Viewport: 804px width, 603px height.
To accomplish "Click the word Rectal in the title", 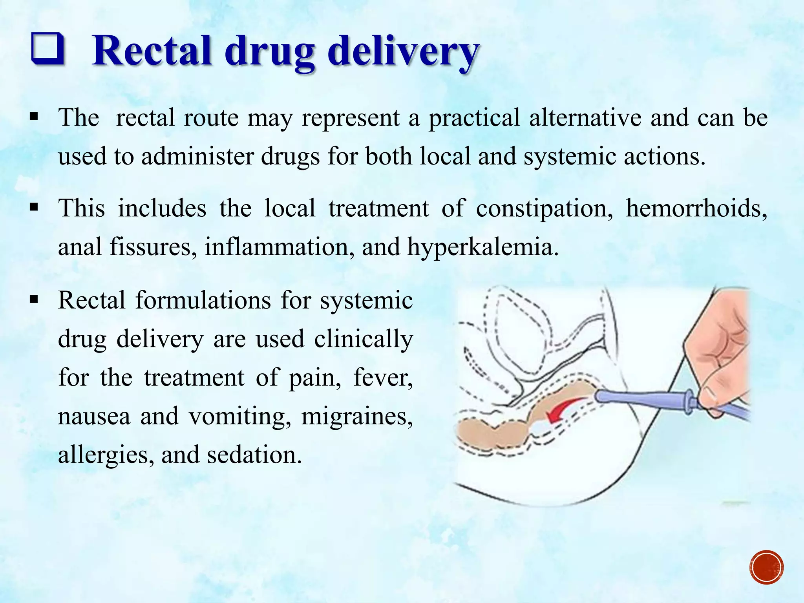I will point(152,51).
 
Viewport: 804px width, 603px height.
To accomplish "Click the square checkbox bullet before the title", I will point(48,49).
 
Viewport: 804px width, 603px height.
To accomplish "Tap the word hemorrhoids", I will point(696,208).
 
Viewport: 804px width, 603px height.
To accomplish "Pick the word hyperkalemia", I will point(482,247).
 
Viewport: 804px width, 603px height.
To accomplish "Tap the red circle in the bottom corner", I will point(766,568).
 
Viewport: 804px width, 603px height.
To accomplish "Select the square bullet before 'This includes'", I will point(34,206).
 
